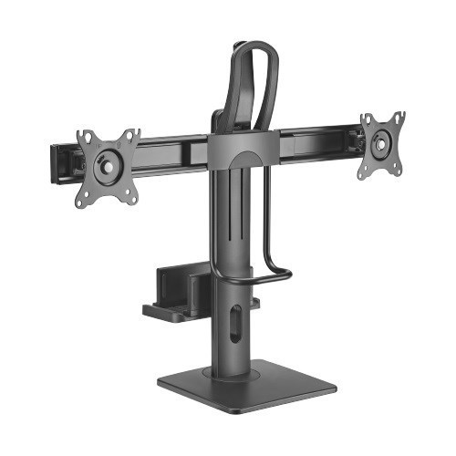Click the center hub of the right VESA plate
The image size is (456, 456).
click(380, 142)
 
